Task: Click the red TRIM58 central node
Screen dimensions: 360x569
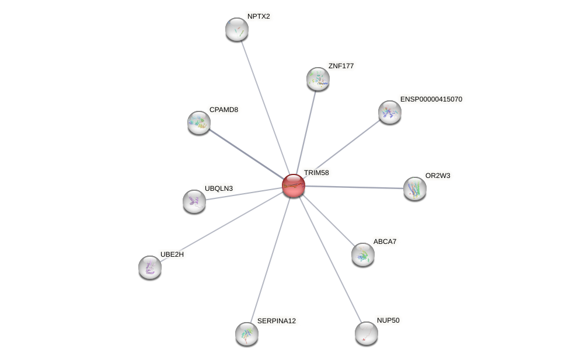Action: tap(294, 186)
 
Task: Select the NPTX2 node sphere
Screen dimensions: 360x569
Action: tap(237, 29)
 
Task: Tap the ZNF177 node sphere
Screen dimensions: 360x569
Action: tap(318, 79)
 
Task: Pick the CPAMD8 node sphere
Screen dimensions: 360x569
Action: tap(199, 123)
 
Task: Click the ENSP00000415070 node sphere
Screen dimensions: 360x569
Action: tap(390, 112)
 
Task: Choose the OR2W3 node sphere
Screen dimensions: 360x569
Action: tap(415, 188)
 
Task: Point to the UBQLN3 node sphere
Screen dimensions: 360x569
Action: tap(194, 201)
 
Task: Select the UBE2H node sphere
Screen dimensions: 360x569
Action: tap(150, 267)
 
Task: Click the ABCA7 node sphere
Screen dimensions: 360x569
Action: tap(363, 254)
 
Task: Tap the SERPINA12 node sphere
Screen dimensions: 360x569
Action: tap(247, 334)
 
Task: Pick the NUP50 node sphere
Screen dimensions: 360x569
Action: tap(366, 333)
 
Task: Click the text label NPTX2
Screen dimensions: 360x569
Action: tap(259, 16)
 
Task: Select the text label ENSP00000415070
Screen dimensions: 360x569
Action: tap(431, 99)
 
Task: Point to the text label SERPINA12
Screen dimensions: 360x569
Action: tap(276, 321)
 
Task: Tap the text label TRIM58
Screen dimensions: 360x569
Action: tap(316, 173)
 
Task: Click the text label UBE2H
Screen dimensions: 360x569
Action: tap(172, 254)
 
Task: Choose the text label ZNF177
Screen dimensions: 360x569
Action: tap(341, 66)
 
